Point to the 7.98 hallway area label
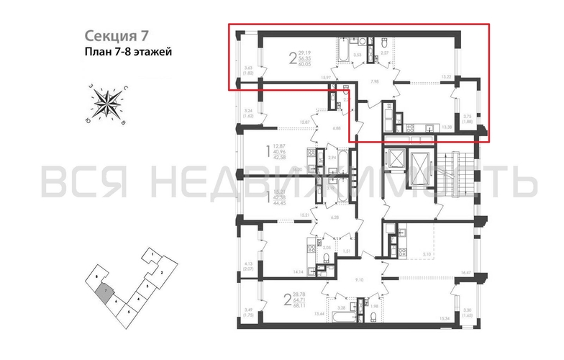pyautogui.click(x=374, y=81)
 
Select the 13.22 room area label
pyautogui.click(x=446, y=76)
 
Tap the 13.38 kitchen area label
pyautogui.click(x=446, y=127)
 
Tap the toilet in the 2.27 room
pyautogui.click(x=383, y=41)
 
